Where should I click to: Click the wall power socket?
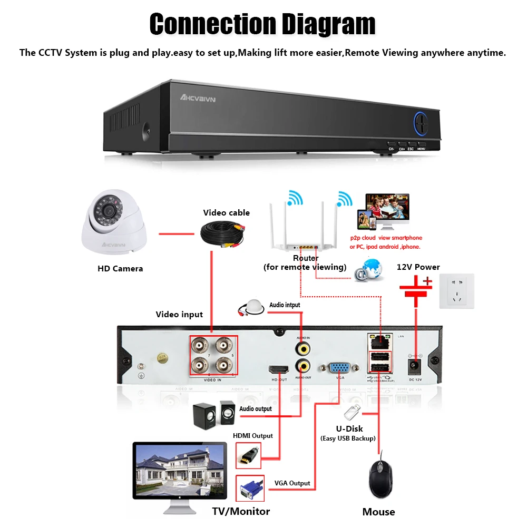[457, 291]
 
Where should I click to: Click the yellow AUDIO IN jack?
[302, 348]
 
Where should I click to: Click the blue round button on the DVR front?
[421, 124]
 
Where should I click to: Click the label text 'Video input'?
[179, 315]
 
